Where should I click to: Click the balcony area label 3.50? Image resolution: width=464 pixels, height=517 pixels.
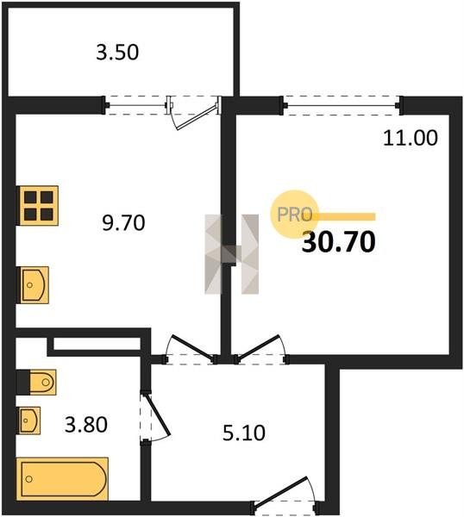[x=117, y=53]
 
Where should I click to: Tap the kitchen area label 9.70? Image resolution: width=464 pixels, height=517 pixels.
[x=123, y=222]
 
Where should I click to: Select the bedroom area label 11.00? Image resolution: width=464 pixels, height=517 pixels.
[x=411, y=138]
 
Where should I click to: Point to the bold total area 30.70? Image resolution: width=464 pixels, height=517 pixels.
[x=339, y=241]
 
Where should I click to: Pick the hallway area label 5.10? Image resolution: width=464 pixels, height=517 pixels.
[x=243, y=433]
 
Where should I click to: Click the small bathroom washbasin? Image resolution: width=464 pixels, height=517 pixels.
[x=29, y=420]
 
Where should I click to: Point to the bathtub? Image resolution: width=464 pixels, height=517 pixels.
[x=62, y=479]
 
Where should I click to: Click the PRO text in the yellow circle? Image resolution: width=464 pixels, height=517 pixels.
[x=294, y=215]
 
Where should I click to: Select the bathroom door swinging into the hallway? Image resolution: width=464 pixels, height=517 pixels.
[x=154, y=416]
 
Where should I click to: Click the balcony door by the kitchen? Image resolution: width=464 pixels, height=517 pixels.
[x=194, y=112]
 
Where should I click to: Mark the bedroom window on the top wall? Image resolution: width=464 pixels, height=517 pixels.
[x=342, y=105]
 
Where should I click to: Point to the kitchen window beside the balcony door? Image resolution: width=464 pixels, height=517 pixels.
[x=136, y=105]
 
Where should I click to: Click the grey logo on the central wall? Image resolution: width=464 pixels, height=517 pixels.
[x=232, y=254]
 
